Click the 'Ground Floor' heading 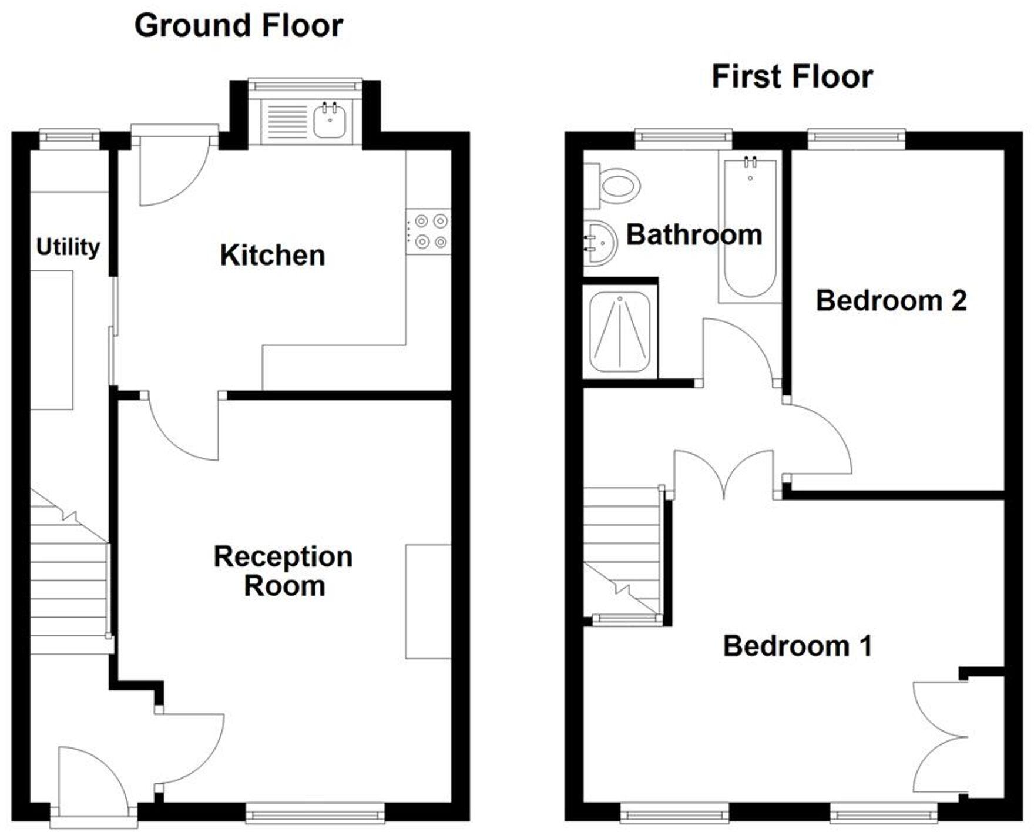pos(239,26)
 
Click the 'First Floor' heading pos(792,77)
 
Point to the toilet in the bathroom pos(617,186)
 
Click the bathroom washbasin pos(600,243)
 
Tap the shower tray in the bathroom pos(619,332)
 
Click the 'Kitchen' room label pos(273,255)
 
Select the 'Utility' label pos(68,247)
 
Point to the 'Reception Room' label pos(284,571)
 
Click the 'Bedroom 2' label pos(891,301)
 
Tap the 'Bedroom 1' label pos(797,646)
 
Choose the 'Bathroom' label pos(694,235)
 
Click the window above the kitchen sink pos(305,86)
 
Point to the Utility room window pos(69,137)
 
